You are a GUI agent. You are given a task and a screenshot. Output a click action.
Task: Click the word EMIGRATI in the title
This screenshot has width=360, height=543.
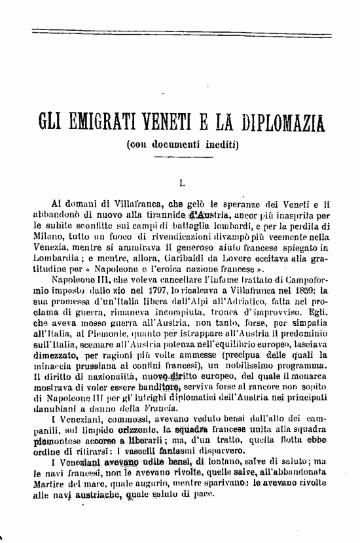pos(109,122)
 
